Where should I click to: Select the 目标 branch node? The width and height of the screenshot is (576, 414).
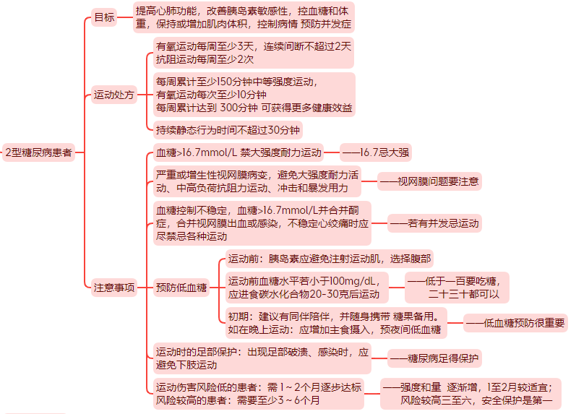[104, 17]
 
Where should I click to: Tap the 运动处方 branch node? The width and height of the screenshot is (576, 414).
[114, 95]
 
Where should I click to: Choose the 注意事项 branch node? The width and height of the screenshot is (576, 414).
[114, 288]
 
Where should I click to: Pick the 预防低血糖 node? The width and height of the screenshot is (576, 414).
[181, 288]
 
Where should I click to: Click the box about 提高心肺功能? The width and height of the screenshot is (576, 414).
[244, 17]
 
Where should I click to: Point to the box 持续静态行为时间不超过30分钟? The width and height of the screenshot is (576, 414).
[228, 130]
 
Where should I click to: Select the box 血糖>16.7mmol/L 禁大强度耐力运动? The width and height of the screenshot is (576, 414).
[238, 152]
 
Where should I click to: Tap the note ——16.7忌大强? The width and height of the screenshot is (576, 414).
[376, 152]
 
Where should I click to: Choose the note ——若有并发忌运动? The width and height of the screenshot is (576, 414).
[434, 223]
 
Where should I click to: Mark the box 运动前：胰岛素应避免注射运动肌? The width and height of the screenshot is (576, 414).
[330, 259]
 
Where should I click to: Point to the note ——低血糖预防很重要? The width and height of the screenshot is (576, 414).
[515, 323]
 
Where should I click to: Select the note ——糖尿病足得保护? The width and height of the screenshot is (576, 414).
[434, 358]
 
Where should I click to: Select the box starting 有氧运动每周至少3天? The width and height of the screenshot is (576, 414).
[254, 53]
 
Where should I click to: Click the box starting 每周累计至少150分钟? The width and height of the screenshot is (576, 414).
[254, 95]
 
